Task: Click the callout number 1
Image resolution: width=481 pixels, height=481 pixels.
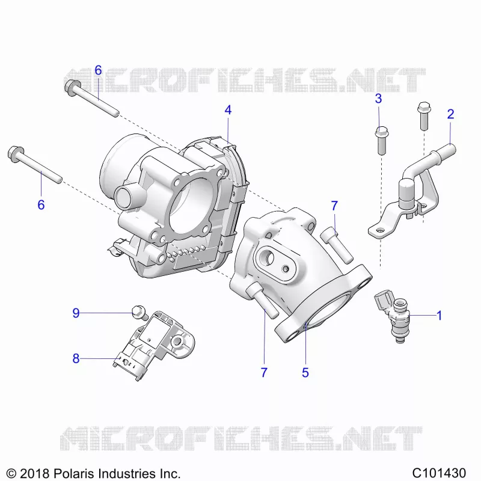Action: (x=440, y=315)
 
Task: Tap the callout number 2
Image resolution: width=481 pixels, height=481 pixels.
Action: (x=450, y=114)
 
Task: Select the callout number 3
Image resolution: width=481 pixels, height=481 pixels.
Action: (x=379, y=99)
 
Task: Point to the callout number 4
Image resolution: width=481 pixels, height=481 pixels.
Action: (x=228, y=110)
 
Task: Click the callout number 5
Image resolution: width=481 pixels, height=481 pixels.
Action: (x=305, y=373)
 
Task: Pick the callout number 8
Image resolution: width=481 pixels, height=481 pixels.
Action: (x=76, y=358)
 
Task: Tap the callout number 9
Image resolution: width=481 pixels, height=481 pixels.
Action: (x=76, y=313)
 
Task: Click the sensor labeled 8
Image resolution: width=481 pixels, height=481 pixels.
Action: (x=156, y=345)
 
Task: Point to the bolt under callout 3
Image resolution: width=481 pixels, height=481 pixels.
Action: (x=381, y=141)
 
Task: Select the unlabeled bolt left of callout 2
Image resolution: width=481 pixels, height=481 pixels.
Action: (x=424, y=116)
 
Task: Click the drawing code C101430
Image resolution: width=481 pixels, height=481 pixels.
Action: (x=439, y=473)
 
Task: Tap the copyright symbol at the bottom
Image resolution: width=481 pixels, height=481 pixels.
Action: (x=11, y=473)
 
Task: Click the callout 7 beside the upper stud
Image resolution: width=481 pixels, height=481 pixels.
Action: (x=334, y=206)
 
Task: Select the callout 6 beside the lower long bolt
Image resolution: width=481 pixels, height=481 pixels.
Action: (x=41, y=205)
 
